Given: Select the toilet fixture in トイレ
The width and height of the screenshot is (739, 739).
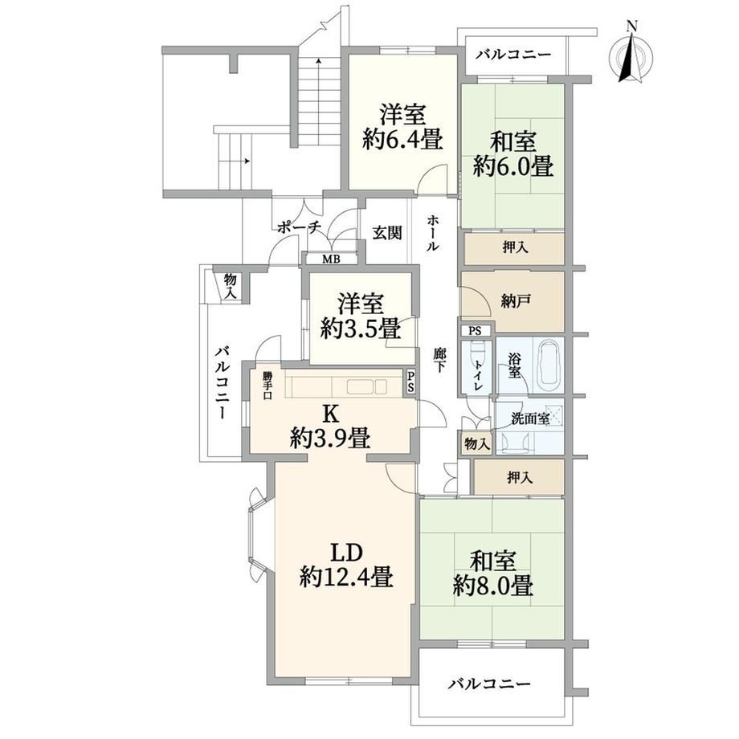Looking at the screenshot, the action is [476, 355].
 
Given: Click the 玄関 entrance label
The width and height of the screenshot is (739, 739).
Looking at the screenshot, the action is [387, 232].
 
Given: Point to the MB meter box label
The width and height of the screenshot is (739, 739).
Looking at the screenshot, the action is [331, 259].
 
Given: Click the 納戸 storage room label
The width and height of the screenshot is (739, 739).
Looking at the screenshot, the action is [516, 300].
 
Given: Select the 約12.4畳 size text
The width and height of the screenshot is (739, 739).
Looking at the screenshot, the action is [346, 576].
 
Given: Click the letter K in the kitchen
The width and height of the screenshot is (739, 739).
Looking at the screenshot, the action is [330, 414].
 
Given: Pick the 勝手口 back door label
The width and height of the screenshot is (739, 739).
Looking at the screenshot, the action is [267, 386].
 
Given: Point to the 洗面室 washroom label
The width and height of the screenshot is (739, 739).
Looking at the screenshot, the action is [530, 418].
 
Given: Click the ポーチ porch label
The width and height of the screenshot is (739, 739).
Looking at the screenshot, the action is [299, 228].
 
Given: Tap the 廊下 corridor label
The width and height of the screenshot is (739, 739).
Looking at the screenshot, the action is [439, 361].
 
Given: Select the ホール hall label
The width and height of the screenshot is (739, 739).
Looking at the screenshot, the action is [433, 233].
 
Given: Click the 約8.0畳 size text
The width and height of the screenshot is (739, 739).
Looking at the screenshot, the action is [493, 586].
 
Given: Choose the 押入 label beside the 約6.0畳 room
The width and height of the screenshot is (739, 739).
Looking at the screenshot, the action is [515, 247].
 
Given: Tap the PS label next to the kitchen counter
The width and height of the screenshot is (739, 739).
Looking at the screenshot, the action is [410, 382].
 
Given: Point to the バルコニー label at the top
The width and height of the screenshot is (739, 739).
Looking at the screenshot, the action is [512, 55].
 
